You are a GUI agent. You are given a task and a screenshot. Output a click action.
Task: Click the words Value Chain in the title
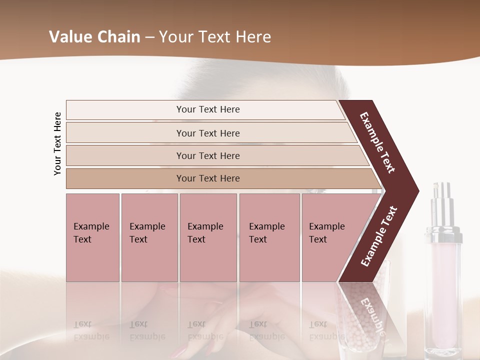94,36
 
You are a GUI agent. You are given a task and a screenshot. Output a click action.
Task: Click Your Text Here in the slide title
215,36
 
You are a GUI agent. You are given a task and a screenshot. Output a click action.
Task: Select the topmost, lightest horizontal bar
205,109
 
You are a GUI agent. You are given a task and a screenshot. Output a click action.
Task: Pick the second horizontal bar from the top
208,133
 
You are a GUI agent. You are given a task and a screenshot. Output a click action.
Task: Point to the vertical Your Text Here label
58,143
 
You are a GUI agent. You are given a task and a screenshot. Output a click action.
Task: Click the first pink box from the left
92,237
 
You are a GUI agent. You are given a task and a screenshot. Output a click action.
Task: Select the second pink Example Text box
149,237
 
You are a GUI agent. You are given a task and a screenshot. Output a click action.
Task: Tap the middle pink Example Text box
208,237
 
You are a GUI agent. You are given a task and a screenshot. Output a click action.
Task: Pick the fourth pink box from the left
269,237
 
